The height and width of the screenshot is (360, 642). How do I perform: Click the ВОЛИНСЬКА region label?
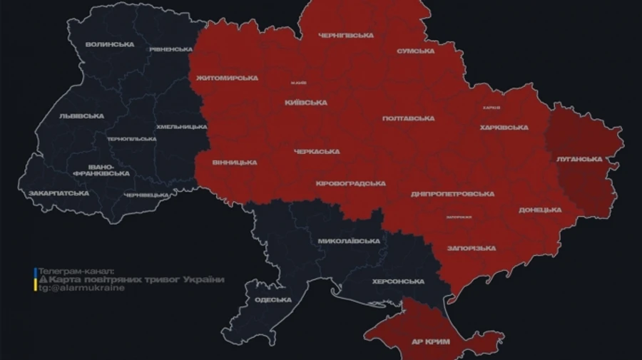109,44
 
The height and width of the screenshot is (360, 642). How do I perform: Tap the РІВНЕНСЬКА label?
170,49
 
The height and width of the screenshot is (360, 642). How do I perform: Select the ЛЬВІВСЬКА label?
81,115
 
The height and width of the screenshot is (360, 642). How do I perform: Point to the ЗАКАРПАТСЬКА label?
58,193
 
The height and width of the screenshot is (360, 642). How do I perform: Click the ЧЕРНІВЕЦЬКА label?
148,195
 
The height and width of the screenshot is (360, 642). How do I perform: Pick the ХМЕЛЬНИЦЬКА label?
181,126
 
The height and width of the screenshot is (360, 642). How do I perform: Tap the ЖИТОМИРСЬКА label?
227,78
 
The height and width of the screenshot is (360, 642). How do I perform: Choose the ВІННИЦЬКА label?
235,163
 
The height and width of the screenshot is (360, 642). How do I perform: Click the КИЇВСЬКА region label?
306,103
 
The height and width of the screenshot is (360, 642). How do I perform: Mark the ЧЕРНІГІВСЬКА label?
346,35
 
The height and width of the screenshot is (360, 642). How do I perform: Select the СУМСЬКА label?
416,51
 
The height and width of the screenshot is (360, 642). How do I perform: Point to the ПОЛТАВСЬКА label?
409,118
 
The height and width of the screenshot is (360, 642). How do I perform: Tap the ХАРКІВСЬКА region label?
504,128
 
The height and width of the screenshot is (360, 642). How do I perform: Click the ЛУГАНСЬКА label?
579,159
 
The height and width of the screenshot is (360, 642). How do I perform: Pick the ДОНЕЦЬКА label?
540,210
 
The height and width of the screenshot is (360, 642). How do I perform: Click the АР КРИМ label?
432,342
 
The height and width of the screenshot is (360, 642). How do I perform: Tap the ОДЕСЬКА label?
273,299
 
